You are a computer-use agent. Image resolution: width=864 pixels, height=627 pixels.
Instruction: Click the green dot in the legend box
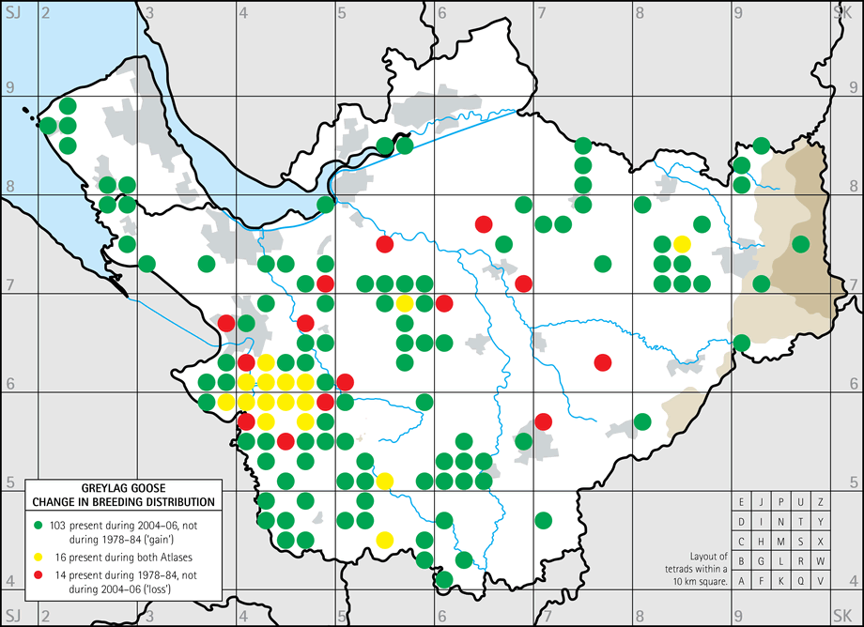(39, 521)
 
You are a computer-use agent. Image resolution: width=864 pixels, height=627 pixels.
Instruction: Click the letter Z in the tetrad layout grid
(820, 502)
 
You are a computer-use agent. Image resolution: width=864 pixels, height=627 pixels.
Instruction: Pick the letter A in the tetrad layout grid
(742, 581)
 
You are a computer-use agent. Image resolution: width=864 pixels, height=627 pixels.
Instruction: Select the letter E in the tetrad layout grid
(742, 502)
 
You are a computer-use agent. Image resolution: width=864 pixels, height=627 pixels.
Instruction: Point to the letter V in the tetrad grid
(820, 581)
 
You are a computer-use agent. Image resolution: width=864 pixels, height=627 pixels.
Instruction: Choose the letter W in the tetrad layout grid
(820, 561)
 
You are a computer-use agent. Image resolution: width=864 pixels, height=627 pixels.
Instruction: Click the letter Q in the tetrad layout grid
(800, 581)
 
